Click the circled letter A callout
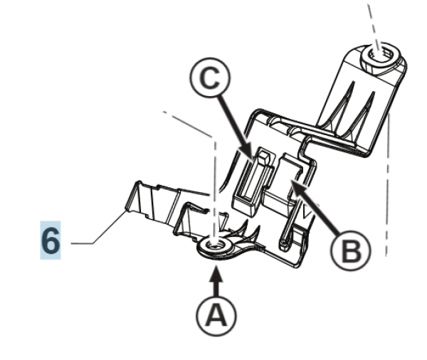214,313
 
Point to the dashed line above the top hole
371,18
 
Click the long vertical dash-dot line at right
388,185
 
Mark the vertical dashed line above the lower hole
213,185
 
